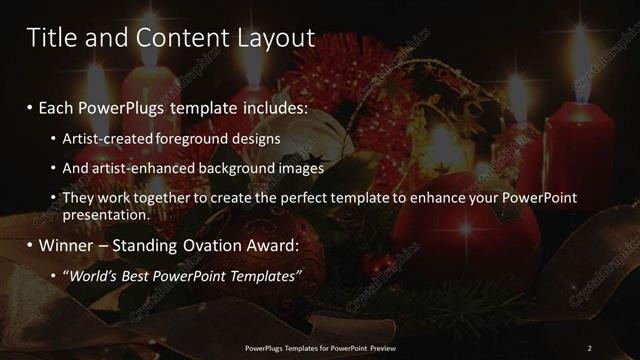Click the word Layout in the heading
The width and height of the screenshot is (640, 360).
click(x=274, y=38)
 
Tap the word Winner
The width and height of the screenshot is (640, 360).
click(x=65, y=243)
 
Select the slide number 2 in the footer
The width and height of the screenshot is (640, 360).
click(x=589, y=348)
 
